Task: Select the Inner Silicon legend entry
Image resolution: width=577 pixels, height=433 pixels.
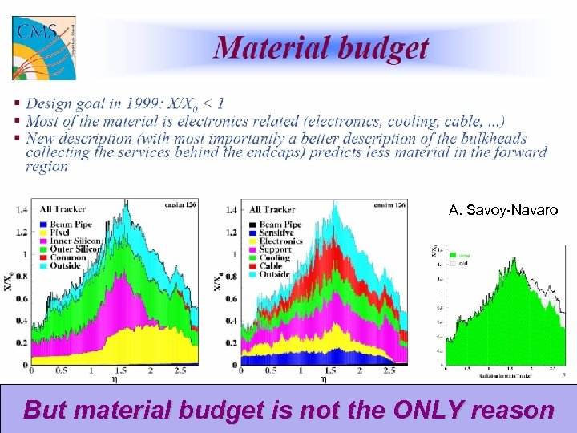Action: click(75, 241)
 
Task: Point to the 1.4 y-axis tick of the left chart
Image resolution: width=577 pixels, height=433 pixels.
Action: click(22, 210)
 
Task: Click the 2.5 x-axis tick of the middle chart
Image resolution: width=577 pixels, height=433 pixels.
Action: click(389, 371)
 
